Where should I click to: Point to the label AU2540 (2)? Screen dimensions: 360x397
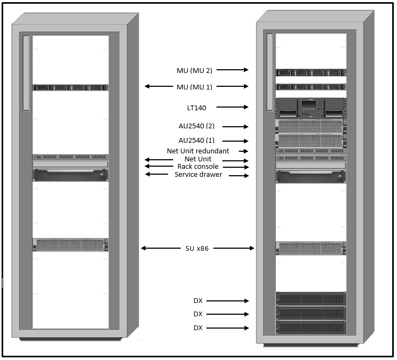point(196,126)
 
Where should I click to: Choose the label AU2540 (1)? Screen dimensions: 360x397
point(196,141)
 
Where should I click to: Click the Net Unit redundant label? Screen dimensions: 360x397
point(198,151)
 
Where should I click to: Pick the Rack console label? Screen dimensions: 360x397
point(198,167)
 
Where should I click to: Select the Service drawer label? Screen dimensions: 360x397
point(198,175)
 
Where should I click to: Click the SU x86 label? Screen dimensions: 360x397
point(197,248)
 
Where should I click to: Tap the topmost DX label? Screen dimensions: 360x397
point(198,301)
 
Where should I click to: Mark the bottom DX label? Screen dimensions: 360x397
point(198,328)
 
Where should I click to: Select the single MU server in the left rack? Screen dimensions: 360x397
point(70,87)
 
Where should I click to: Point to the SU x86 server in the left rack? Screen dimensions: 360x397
point(70,245)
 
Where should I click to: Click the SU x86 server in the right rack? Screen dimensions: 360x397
point(311,248)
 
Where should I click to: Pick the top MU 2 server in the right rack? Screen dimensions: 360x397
point(311,73)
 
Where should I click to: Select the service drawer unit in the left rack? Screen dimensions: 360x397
point(70,175)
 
